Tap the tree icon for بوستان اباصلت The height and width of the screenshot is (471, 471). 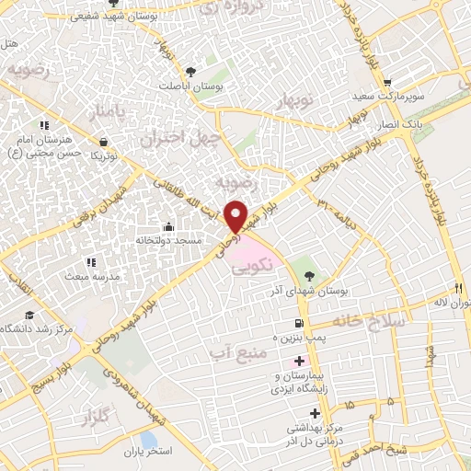tap(190, 71)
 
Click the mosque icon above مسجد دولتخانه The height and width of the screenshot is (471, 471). tap(167, 226)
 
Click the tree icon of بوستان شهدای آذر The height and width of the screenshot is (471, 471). tap(308, 274)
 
